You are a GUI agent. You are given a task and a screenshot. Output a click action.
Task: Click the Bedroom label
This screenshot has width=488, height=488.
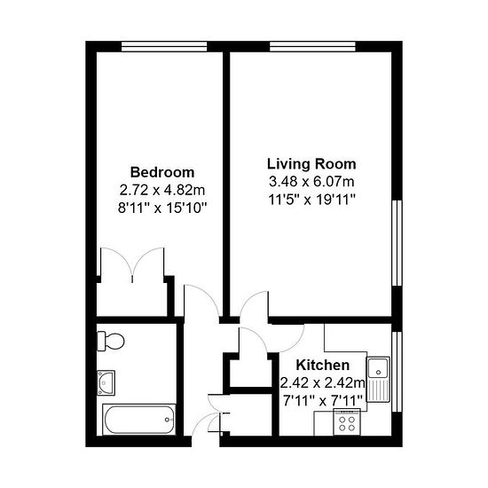162,172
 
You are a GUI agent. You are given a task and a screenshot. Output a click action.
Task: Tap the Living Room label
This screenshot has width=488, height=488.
311,164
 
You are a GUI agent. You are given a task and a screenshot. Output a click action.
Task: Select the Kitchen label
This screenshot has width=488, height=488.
322,365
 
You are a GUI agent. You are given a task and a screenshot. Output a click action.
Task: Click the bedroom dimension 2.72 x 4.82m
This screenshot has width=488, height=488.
162,190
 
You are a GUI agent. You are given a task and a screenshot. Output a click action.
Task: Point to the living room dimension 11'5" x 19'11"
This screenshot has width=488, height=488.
311,200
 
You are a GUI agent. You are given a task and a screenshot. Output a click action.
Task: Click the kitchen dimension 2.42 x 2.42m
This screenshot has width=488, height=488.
322,382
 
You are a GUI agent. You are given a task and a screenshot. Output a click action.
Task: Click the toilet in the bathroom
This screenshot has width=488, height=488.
111,341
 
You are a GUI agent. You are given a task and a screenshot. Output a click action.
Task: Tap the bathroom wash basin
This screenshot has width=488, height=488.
106,382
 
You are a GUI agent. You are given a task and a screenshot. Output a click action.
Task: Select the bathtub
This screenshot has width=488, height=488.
138,419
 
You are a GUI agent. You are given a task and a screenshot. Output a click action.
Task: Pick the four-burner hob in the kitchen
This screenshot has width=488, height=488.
347,422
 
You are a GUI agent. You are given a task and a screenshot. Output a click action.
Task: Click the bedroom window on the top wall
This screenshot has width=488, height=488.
164,46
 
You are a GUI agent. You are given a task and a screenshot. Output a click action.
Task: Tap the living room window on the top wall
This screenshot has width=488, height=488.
312,46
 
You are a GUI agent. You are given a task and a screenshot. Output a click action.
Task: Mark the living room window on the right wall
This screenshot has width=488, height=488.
397,243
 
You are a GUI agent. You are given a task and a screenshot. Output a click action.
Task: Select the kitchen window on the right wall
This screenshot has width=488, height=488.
397,372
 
